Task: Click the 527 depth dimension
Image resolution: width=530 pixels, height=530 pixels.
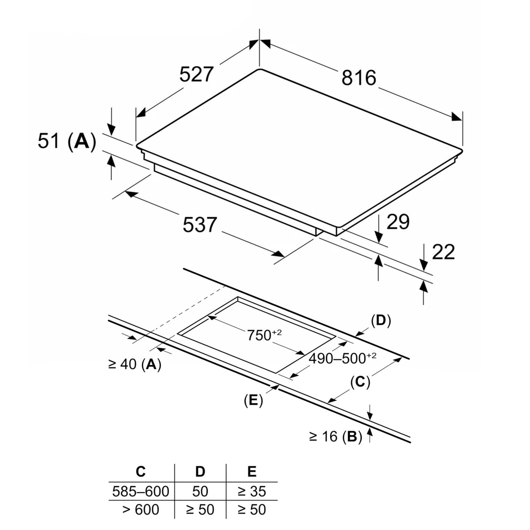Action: [x=196, y=74]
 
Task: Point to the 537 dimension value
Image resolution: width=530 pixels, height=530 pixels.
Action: [x=200, y=225]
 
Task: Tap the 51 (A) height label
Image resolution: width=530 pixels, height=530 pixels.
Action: [x=67, y=141]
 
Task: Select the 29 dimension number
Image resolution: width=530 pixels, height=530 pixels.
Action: [x=398, y=222]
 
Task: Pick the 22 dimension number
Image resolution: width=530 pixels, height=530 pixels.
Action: [x=443, y=252]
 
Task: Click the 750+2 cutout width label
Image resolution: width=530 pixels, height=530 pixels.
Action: [x=264, y=335]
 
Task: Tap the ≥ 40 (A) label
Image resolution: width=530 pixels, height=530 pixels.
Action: [x=135, y=364]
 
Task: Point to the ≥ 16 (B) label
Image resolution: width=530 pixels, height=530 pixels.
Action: [x=336, y=437]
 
